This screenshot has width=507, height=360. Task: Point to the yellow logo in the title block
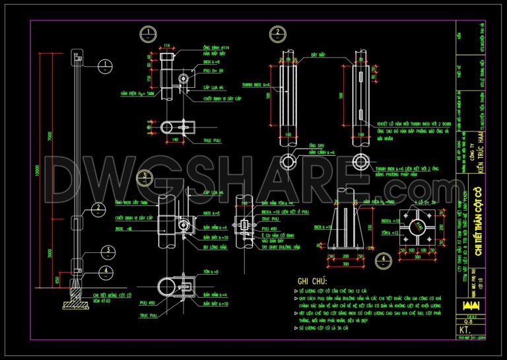(470, 303)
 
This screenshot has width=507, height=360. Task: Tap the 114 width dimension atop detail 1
(167, 46)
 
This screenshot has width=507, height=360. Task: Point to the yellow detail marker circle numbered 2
(97, 209)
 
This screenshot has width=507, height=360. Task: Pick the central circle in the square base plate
(419, 227)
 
